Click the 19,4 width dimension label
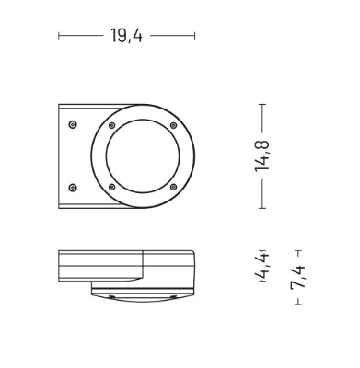coord(126,36)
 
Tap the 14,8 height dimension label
coord(261,155)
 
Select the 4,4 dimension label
coord(261,266)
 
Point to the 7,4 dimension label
coord(298,277)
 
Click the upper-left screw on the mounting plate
coord(73,124)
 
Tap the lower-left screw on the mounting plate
coord(73,188)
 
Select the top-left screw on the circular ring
coord(112,125)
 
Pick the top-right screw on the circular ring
coord(173,125)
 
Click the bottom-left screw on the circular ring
coord(112,187)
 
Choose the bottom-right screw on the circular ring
coord(173,187)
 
